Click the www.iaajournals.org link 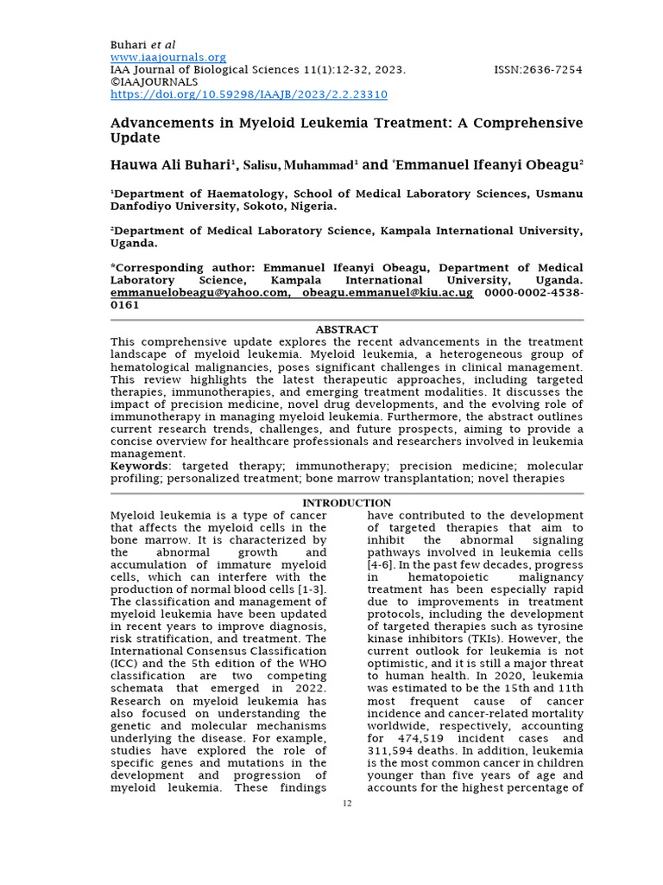point(167,57)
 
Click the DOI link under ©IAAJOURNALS point(249,94)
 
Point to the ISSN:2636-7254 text point(538,70)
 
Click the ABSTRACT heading point(346,329)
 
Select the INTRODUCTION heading point(346,503)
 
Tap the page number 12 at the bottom point(347,804)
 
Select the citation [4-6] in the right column point(382,564)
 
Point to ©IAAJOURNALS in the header point(154,82)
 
